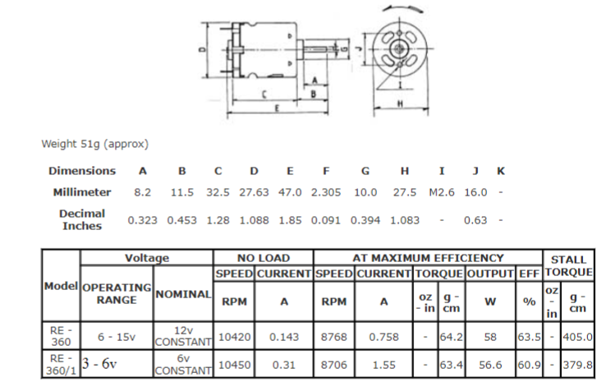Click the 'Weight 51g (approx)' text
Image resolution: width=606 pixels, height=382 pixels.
click(94, 144)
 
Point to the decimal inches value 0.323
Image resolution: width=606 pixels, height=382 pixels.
click(143, 220)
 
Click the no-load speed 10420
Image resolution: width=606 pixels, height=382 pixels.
click(234, 336)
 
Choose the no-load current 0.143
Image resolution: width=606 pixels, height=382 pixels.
click(284, 336)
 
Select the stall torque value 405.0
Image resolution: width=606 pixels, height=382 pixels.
click(578, 336)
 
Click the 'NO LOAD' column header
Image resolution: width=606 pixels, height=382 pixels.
click(264, 258)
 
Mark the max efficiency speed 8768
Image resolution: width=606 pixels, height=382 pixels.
click(333, 336)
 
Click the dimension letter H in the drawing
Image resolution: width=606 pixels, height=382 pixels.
click(399, 104)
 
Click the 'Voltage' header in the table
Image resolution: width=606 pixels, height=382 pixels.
click(146, 258)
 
